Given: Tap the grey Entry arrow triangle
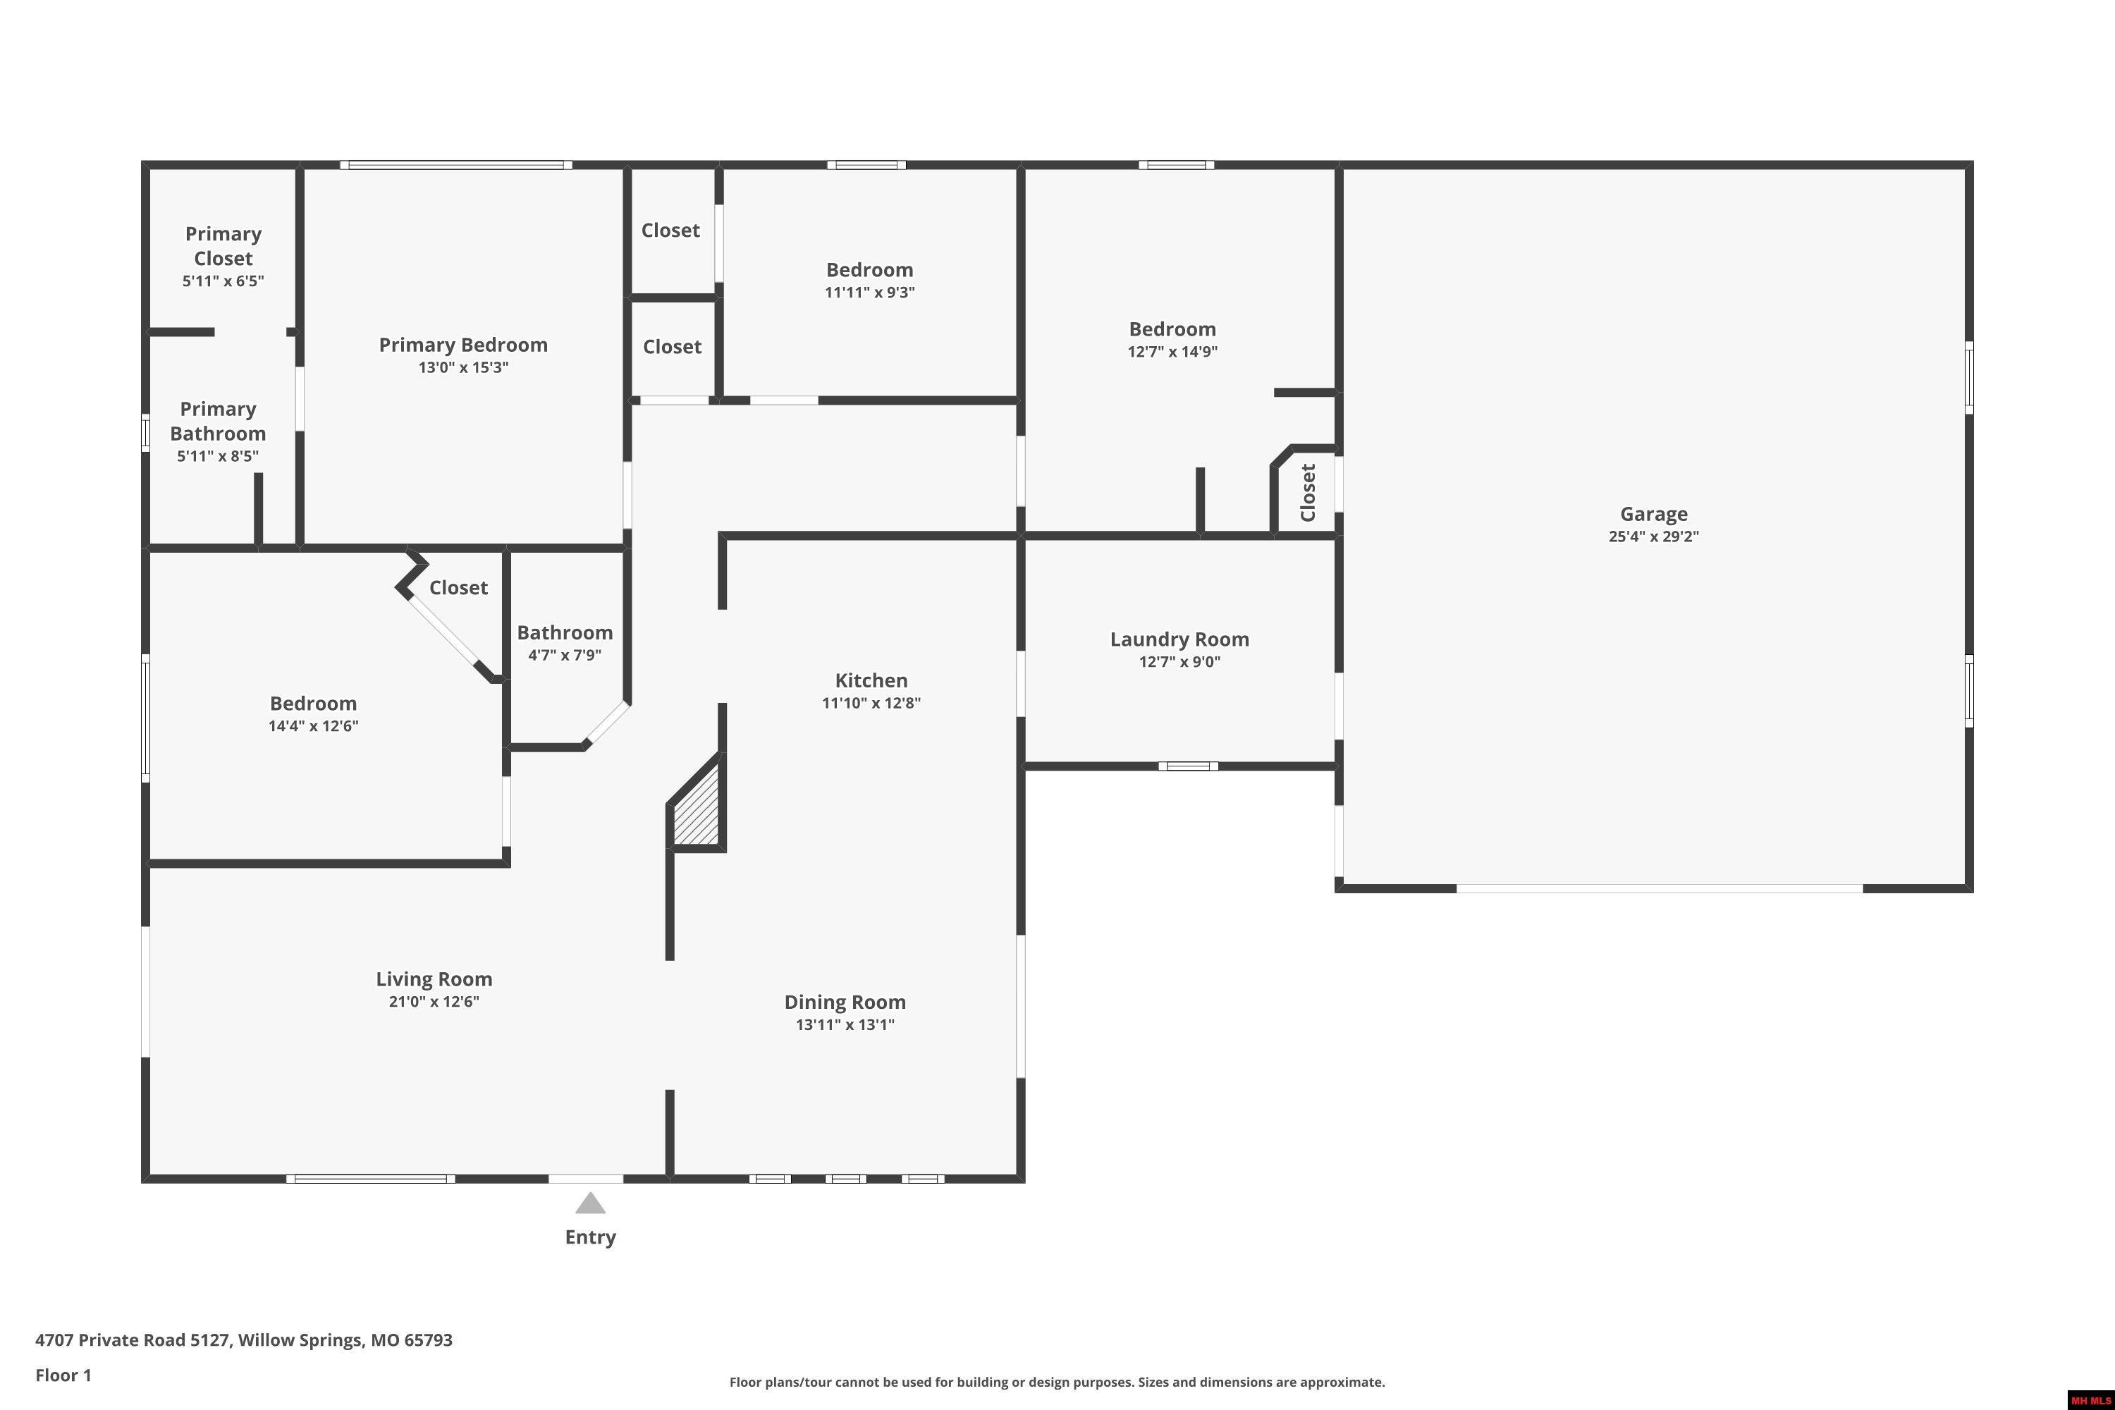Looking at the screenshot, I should [x=590, y=1203].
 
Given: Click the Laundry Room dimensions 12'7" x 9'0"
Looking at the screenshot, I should [x=1179, y=662].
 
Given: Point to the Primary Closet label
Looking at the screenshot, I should [x=223, y=245].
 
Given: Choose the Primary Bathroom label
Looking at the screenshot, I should [x=218, y=421].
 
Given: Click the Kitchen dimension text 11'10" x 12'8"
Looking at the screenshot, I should [x=871, y=703].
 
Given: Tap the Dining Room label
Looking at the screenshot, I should [x=845, y=1002].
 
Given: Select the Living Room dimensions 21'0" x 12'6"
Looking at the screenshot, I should [x=434, y=1002].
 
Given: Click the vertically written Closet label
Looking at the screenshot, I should [x=1308, y=492].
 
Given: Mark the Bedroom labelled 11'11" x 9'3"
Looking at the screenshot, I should [x=869, y=270].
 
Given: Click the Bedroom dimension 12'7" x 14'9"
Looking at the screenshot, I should [x=1172, y=352].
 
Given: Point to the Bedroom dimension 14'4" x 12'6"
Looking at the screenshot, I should [x=313, y=725].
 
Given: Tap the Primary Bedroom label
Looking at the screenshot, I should [x=463, y=345].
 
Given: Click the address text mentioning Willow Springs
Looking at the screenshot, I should [x=244, y=1340].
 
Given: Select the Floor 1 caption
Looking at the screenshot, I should [x=63, y=1375].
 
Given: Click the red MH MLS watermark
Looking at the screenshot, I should [x=2091, y=1401].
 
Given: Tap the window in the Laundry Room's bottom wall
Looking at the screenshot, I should [x=1188, y=766].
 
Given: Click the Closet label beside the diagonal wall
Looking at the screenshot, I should [x=458, y=587].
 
